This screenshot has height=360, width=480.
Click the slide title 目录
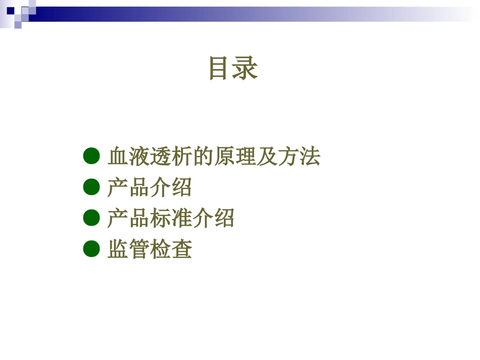pyautogui.click(x=233, y=68)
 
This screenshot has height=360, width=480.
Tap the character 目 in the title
pyautogui.click(x=220, y=68)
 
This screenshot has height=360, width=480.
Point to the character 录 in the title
pyautogui.click(x=246, y=68)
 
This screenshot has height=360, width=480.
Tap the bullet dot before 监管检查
pyautogui.click(x=91, y=249)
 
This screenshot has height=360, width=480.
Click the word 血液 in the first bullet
pyautogui.click(x=128, y=157)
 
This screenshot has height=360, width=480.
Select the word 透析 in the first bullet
pyautogui.click(x=171, y=157)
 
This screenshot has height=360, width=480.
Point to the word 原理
pyautogui.click(x=235, y=157)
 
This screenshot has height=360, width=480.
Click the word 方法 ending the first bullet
pyautogui.click(x=299, y=157)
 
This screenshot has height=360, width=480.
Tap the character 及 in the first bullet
pyautogui.click(x=267, y=157)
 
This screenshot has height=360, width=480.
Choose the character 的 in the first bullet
pyautogui.click(x=203, y=157)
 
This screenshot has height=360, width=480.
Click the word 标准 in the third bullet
pyautogui.click(x=171, y=219)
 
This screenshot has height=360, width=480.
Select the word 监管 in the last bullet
pyautogui.click(x=128, y=249)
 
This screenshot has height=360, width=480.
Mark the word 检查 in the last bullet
pyautogui.click(x=171, y=249)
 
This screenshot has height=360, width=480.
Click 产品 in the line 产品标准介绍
pyautogui.click(x=128, y=219)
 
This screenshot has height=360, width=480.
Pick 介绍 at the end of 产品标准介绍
pyautogui.click(x=213, y=219)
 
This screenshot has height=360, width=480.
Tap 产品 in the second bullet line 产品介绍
pyautogui.click(x=128, y=188)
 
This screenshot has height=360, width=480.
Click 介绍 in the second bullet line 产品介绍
pyautogui.click(x=171, y=188)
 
